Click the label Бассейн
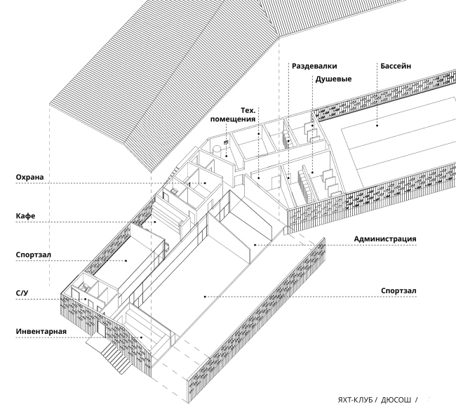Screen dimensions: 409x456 [396, 66]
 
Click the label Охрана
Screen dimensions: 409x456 [30, 178]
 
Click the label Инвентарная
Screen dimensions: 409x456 [41, 330]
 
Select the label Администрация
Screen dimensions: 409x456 [384, 239]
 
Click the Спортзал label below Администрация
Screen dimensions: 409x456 [398, 290]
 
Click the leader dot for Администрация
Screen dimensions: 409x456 [255, 244]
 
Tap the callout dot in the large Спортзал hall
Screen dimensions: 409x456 [204, 296]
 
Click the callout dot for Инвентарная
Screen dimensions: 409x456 [142, 337]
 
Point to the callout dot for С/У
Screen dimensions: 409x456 [86, 300]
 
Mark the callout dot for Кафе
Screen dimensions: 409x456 [156, 222]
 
